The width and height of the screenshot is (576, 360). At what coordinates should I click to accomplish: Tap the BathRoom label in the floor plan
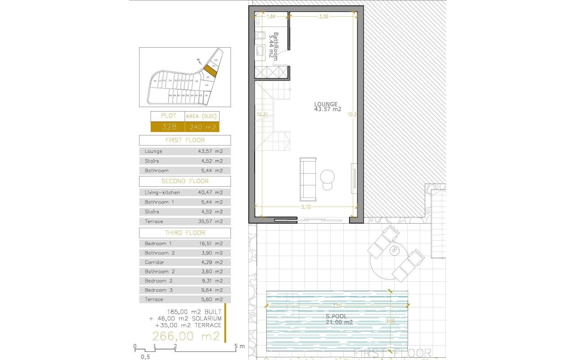coord(274,45)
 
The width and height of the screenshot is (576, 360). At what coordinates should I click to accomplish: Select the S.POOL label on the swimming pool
coord(336,316)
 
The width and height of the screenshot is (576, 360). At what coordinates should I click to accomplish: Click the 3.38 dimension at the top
coord(323,17)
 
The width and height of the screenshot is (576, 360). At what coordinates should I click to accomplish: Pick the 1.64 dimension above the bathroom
coord(270,17)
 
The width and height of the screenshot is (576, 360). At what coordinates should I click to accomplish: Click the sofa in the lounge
coord(308,179)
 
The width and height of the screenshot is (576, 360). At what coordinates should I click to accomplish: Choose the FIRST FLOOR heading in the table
coord(185,140)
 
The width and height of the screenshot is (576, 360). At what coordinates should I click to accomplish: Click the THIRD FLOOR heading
coord(185,233)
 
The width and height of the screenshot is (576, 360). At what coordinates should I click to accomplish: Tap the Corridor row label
coord(154,262)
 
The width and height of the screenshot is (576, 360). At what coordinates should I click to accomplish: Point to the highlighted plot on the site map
coord(210,70)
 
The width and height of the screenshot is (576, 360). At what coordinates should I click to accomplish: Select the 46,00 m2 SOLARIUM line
coord(185,318)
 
